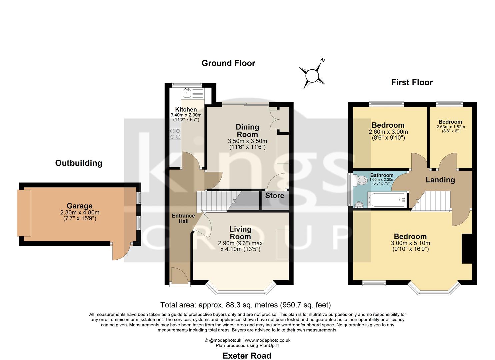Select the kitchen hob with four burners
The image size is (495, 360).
(x=175, y=134)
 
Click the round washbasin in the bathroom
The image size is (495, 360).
(x=359, y=205)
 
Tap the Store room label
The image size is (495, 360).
(x=275, y=196)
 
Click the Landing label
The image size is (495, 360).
(x=440, y=180)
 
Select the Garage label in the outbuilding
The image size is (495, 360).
(x=79, y=206)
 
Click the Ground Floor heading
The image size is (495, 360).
(x=228, y=63)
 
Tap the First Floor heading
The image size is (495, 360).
(x=412, y=82)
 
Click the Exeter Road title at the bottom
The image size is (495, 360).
(x=247, y=356)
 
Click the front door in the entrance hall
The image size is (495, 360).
(x=179, y=276)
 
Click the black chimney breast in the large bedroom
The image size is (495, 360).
(x=467, y=249)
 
